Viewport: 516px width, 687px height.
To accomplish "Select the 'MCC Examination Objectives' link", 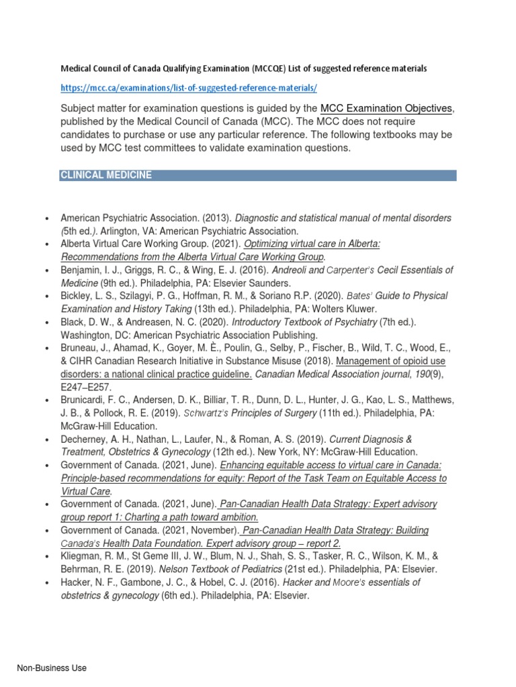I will point(387,109).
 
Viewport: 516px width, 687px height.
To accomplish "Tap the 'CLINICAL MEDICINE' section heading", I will point(106,175).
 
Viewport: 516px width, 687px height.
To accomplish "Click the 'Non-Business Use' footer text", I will point(52,668).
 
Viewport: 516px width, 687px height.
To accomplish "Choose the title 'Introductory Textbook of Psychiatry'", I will point(304,321).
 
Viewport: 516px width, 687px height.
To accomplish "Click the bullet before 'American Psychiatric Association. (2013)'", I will point(46,219).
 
